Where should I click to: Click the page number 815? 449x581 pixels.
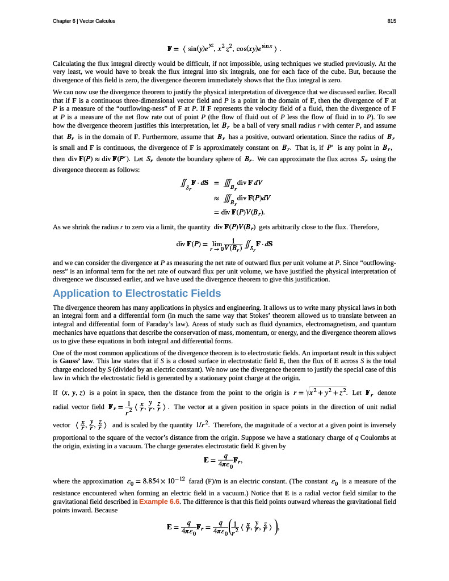click(392, 21)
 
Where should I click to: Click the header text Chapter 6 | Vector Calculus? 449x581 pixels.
click(83, 21)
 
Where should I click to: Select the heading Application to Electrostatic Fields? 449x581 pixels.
click(136, 293)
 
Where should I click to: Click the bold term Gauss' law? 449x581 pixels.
click(77, 361)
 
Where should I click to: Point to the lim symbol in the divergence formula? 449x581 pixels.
click(217, 242)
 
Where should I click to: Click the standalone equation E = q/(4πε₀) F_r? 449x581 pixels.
click(224, 461)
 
